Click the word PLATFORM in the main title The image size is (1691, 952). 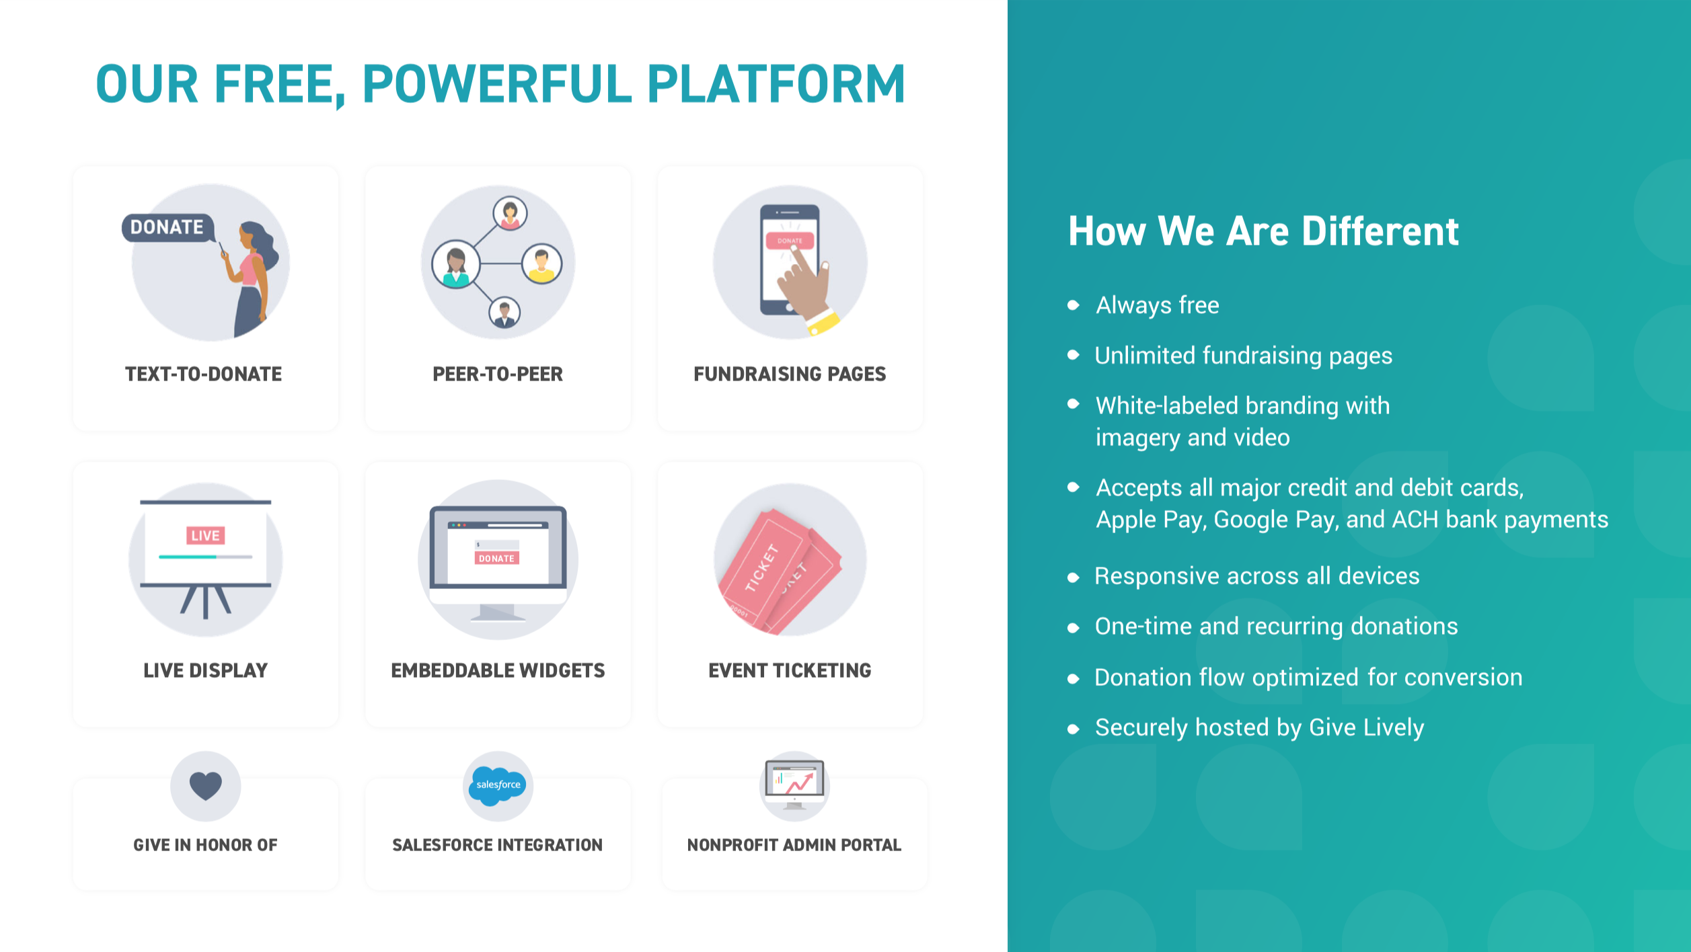(x=776, y=84)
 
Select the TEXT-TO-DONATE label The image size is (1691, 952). (x=204, y=374)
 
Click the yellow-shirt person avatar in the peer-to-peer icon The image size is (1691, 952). (x=541, y=264)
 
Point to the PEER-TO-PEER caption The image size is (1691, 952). (x=498, y=374)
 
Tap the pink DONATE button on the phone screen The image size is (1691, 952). (x=790, y=241)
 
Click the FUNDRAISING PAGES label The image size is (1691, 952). (x=790, y=374)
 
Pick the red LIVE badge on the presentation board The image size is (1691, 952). (x=205, y=535)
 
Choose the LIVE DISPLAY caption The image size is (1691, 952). (x=205, y=670)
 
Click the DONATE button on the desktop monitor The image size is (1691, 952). (x=496, y=558)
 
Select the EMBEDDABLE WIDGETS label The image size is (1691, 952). (x=498, y=670)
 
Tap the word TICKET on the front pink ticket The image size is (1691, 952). (x=762, y=567)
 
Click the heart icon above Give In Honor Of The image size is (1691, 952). (x=205, y=785)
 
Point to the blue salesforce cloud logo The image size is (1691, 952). (x=498, y=785)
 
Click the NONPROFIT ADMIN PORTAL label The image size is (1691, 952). (x=794, y=845)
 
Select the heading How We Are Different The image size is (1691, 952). (x=1263, y=231)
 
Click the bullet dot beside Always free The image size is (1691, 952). (x=1074, y=305)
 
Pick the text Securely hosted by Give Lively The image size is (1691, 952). (x=1259, y=727)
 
